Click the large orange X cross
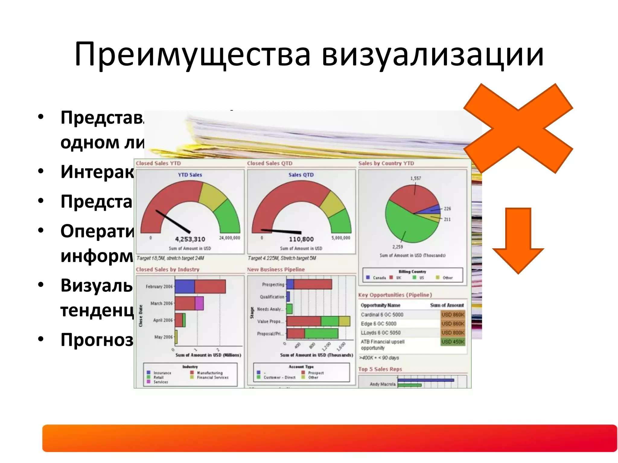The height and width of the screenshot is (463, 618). coord(518,128)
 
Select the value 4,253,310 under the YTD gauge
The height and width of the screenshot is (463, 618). coord(190,239)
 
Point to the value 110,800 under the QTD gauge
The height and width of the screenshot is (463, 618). coord(301,239)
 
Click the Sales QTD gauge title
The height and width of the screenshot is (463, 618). coord(301,175)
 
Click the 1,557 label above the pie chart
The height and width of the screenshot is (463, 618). coord(416,178)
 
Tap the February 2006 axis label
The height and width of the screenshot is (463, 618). coord(159,287)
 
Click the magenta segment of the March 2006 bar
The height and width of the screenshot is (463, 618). coord(199,303)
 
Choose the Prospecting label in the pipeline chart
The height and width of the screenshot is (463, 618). coord(273,285)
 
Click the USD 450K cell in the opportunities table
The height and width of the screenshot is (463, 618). coord(453,342)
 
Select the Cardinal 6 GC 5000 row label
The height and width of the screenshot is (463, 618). coord(382,315)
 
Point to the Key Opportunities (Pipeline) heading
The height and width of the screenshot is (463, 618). coord(395,295)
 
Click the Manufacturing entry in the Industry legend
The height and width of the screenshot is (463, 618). coord(209,373)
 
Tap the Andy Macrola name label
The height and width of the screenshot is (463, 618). coord(382,384)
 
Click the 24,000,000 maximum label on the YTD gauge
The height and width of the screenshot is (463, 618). coord(229,238)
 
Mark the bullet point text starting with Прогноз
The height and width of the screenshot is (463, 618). coord(97,340)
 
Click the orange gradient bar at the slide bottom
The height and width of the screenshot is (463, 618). coord(329,438)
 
